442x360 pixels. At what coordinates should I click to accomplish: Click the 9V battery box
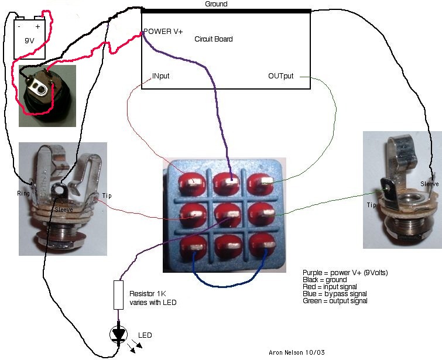[x=30, y=37]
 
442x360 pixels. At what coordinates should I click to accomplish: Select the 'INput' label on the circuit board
[x=161, y=77]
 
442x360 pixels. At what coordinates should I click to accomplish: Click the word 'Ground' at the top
[x=216, y=4]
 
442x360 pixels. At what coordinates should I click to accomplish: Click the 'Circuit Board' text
[x=213, y=39]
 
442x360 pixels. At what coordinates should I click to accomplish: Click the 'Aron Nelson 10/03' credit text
[x=289, y=354]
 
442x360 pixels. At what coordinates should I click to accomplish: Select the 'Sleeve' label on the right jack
[x=429, y=184]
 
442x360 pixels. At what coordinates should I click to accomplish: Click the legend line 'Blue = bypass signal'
[x=335, y=294]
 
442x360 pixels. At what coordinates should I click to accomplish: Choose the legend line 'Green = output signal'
[x=335, y=301]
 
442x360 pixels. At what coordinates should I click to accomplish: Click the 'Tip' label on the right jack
[x=371, y=205]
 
